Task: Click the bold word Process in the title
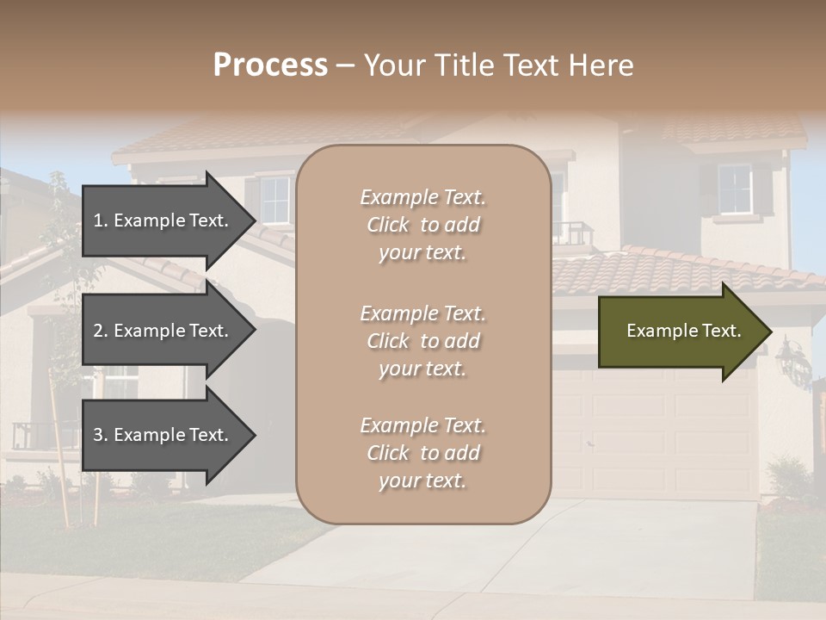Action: coord(270,65)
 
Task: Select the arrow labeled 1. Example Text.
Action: coord(163,220)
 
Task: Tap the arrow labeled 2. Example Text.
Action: coord(163,331)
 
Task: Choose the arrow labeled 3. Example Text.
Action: coord(163,435)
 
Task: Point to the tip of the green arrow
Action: coord(770,332)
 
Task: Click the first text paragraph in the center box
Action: coord(422,225)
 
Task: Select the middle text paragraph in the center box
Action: coord(422,341)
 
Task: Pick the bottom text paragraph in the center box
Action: coord(422,453)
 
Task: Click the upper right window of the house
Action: coord(735,189)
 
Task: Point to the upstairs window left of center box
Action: coord(274,200)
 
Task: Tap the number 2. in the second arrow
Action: coord(101,331)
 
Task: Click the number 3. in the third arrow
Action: coord(101,435)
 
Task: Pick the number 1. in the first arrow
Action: coord(101,220)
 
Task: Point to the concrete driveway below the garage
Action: coord(551,551)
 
